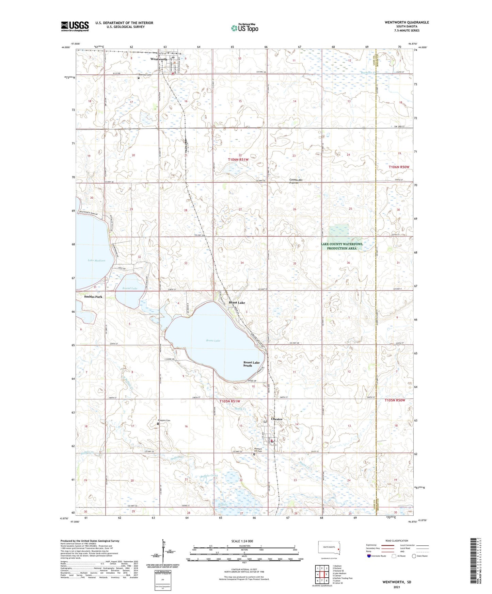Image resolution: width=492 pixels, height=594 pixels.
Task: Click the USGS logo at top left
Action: (75, 26)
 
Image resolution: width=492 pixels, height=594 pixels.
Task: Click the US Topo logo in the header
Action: (244, 28)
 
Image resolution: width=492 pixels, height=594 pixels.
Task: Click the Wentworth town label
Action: (159, 59)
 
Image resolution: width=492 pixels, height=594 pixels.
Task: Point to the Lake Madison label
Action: (97, 261)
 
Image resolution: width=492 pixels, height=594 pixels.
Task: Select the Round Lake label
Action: (130, 288)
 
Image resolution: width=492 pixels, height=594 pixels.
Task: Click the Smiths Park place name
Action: (93, 297)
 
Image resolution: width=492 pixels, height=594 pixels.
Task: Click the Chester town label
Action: (277, 419)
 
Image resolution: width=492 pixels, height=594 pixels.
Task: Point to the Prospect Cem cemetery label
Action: (164, 420)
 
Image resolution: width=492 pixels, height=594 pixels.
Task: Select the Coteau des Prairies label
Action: (296, 181)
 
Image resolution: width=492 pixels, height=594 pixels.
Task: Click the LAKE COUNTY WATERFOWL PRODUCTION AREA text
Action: (342, 246)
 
